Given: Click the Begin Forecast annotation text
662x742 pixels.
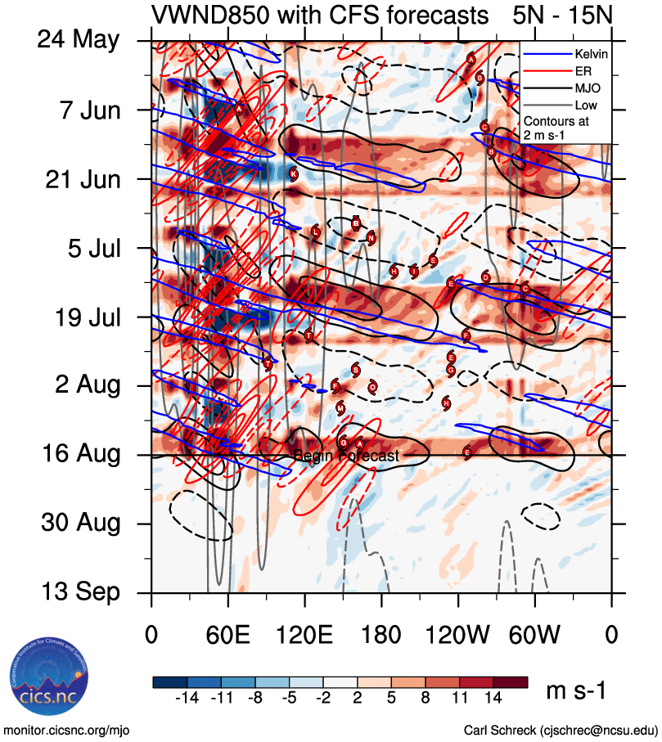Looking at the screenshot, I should pyautogui.click(x=346, y=456).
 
